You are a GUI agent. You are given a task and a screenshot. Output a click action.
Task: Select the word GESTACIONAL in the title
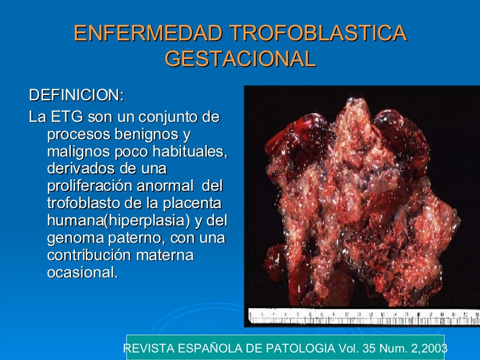click(240, 60)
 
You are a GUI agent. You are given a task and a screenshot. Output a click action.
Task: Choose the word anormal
click(165, 186)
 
